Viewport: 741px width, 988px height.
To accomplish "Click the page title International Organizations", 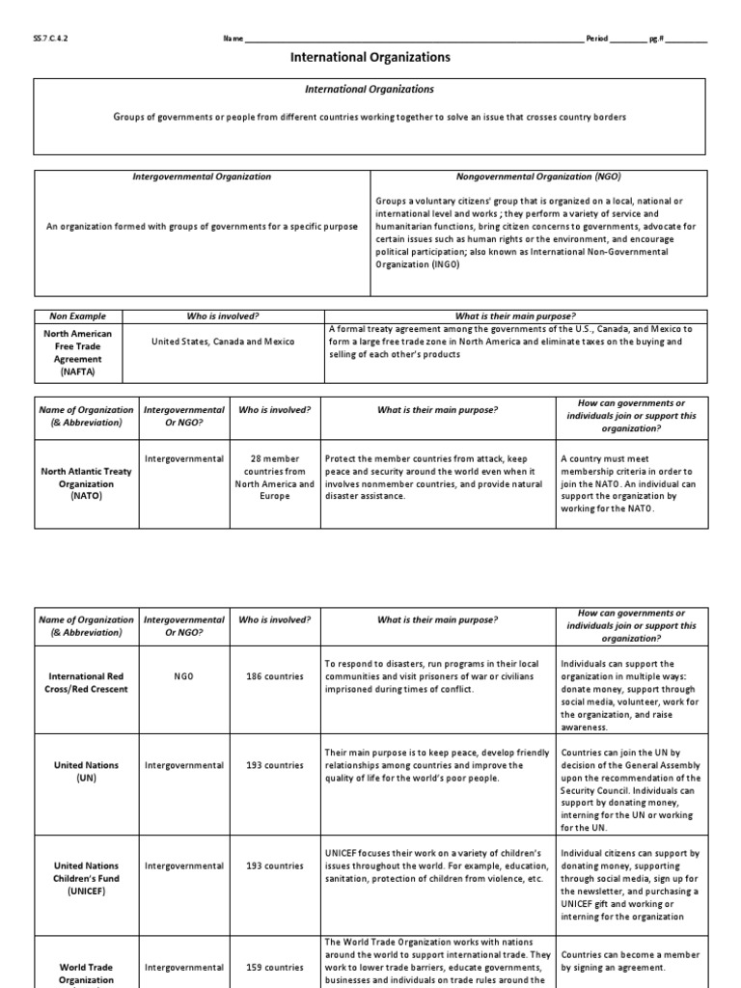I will (370, 58).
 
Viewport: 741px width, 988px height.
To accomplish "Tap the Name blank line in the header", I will (415, 41).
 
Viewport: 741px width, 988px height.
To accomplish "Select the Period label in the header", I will (597, 39).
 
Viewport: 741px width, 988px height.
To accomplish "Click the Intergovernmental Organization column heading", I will (202, 178).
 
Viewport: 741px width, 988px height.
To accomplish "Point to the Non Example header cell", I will (77, 316).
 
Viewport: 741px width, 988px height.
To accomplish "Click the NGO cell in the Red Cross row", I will (183, 676).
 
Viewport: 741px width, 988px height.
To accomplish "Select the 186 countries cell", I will (274, 676).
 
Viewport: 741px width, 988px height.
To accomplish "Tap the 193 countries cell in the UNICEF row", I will (274, 865).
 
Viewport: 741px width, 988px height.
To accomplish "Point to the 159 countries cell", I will (274, 967).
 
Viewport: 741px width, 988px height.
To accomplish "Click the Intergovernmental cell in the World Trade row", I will (183, 967).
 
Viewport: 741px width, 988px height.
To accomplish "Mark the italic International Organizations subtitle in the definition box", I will (370, 90).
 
